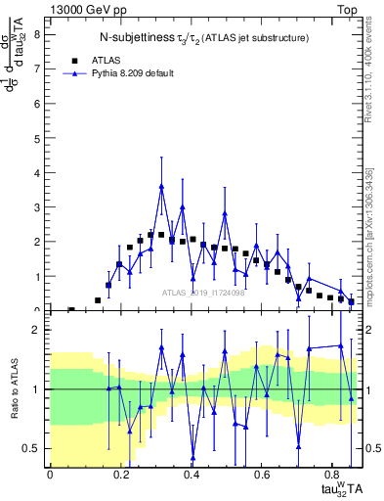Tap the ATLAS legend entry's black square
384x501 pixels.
pos(75,60)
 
